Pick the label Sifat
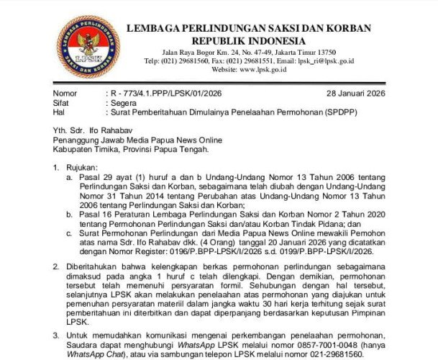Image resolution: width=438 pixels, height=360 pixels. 63,103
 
